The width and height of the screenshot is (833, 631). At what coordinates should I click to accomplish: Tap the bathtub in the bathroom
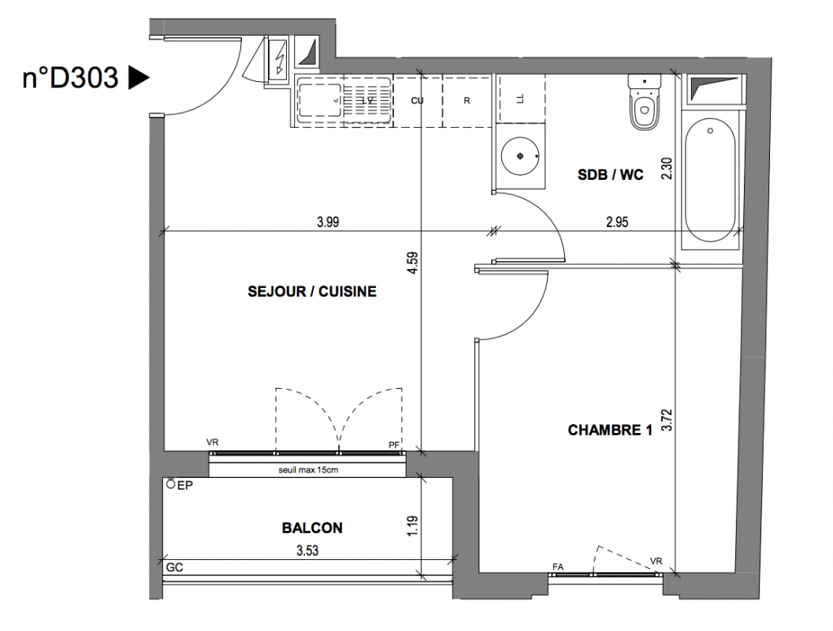710,181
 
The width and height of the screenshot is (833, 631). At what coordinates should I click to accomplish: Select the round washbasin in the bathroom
520,155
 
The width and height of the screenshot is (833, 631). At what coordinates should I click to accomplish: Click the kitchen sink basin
319,100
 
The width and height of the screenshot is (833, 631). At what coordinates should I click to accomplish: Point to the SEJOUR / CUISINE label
312,291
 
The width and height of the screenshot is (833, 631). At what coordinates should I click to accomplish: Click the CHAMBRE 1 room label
610,430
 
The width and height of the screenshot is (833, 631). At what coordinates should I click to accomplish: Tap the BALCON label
312,528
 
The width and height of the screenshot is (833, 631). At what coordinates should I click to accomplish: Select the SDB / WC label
611,174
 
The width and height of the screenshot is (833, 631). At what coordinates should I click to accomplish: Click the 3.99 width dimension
328,222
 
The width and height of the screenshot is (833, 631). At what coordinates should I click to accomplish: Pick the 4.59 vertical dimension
413,263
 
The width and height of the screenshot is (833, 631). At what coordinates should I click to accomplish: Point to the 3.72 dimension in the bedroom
667,420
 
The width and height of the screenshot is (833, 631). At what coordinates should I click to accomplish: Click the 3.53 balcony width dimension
307,551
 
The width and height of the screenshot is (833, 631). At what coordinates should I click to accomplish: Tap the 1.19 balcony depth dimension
413,526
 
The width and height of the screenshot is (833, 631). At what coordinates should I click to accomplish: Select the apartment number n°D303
70,77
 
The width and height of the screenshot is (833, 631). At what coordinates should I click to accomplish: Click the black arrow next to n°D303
139,77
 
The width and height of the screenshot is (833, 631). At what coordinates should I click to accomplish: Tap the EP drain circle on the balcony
170,484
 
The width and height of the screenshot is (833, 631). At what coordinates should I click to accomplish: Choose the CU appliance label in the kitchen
417,100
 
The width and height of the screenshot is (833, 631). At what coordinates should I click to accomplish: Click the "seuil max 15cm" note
308,470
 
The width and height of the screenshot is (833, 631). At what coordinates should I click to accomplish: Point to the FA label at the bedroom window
558,567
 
